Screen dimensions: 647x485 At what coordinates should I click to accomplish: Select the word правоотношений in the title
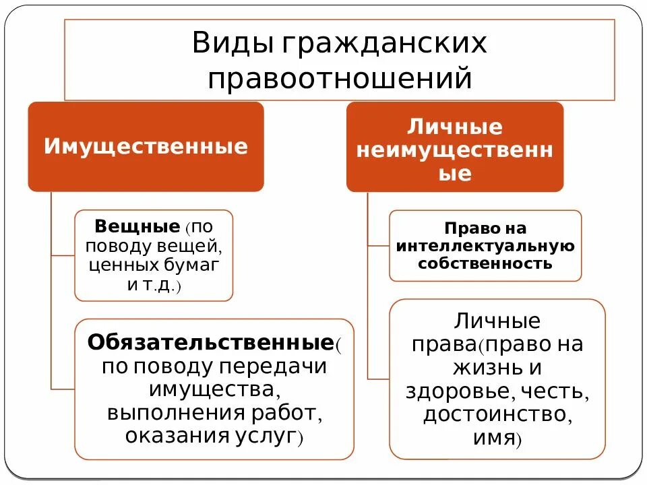click(339, 77)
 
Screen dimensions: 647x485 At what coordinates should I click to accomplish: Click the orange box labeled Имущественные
click(146, 147)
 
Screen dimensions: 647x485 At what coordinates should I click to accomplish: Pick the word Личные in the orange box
click(455, 127)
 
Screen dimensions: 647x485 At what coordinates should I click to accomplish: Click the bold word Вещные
click(137, 226)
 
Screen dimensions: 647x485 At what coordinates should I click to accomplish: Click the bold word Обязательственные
click(211, 342)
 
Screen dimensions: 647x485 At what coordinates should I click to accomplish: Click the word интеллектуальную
click(485, 246)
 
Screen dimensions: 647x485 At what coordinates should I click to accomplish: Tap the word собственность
click(485, 263)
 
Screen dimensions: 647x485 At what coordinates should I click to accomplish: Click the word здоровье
click(453, 391)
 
